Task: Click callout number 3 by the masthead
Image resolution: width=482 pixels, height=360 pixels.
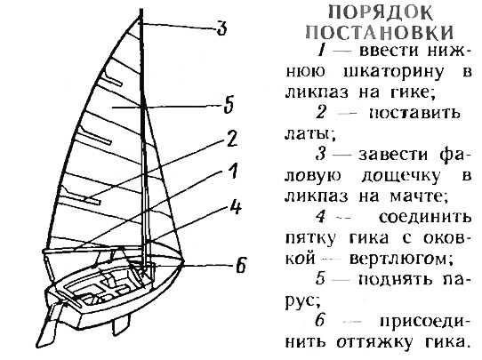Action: pyautogui.click(x=221, y=28)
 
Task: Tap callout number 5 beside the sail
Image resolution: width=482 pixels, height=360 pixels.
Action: pyautogui.click(x=229, y=105)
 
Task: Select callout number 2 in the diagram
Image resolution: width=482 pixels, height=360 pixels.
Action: pyautogui.click(x=232, y=140)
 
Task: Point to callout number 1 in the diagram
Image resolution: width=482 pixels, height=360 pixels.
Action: pyautogui.click(x=234, y=171)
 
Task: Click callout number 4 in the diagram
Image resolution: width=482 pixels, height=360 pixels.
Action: pyautogui.click(x=236, y=207)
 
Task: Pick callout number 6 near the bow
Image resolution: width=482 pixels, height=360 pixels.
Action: pyautogui.click(x=241, y=266)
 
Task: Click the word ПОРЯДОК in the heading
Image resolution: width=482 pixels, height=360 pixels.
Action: pyautogui.click(x=381, y=13)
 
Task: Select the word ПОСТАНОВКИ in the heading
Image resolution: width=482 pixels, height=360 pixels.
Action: pyautogui.click(x=380, y=32)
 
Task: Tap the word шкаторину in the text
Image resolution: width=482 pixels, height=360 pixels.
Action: pyautogui.click(x=393, y=72)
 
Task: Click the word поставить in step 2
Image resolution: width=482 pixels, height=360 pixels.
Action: pyautogui.click(x=414, y=114)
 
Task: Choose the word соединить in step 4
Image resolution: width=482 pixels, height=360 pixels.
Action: pyautogui.click(x=425, y=218)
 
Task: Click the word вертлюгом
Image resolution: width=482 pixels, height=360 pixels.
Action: pyautogui.click(x=401, y=260)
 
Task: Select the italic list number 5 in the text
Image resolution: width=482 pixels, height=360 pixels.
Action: pyautogui.click(x=321, y=279)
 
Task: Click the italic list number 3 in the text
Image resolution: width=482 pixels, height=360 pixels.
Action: pyautogui.click(x=321, y=154)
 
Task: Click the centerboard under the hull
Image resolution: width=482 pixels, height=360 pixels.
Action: pyautogui.click(x=121, y=324)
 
